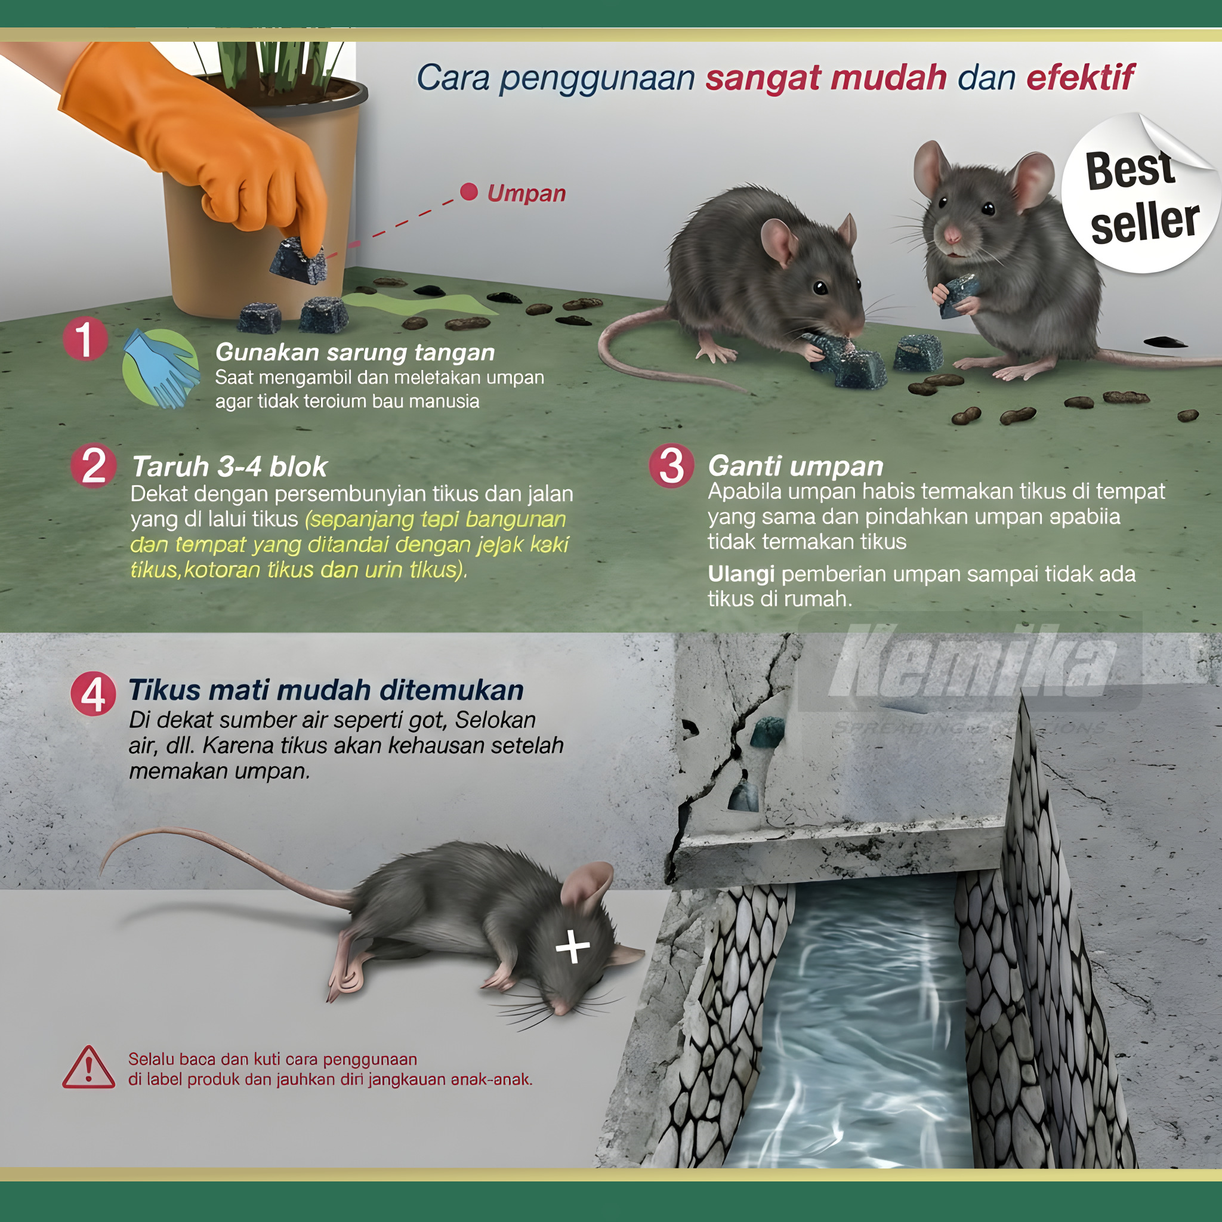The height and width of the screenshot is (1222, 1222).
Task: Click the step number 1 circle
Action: click(85, 340)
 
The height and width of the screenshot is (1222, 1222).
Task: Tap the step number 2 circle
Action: click(94, 466)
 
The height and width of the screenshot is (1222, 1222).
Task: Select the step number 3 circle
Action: click(672, 466)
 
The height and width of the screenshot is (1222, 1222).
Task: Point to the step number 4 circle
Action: click(94, 694)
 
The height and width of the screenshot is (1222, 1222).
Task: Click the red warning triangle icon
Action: click(88, 1068)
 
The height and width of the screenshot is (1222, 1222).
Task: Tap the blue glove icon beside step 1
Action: click(161, 369)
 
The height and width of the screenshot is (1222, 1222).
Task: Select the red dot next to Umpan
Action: click(468, 192)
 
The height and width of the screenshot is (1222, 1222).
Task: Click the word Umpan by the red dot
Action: click(526, 193)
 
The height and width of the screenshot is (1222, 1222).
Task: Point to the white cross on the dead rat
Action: click(572, 947)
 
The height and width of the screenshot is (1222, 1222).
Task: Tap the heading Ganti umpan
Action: click(795, 465)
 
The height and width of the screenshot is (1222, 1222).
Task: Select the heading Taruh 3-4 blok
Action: click(229, 466)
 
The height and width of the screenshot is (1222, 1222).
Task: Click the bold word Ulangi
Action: click(740, 573)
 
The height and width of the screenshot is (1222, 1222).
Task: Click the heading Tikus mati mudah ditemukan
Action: click(326, 690)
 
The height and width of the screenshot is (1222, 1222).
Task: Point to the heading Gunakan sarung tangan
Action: click(355, 352)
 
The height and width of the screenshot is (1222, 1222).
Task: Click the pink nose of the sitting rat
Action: click(952, 236)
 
